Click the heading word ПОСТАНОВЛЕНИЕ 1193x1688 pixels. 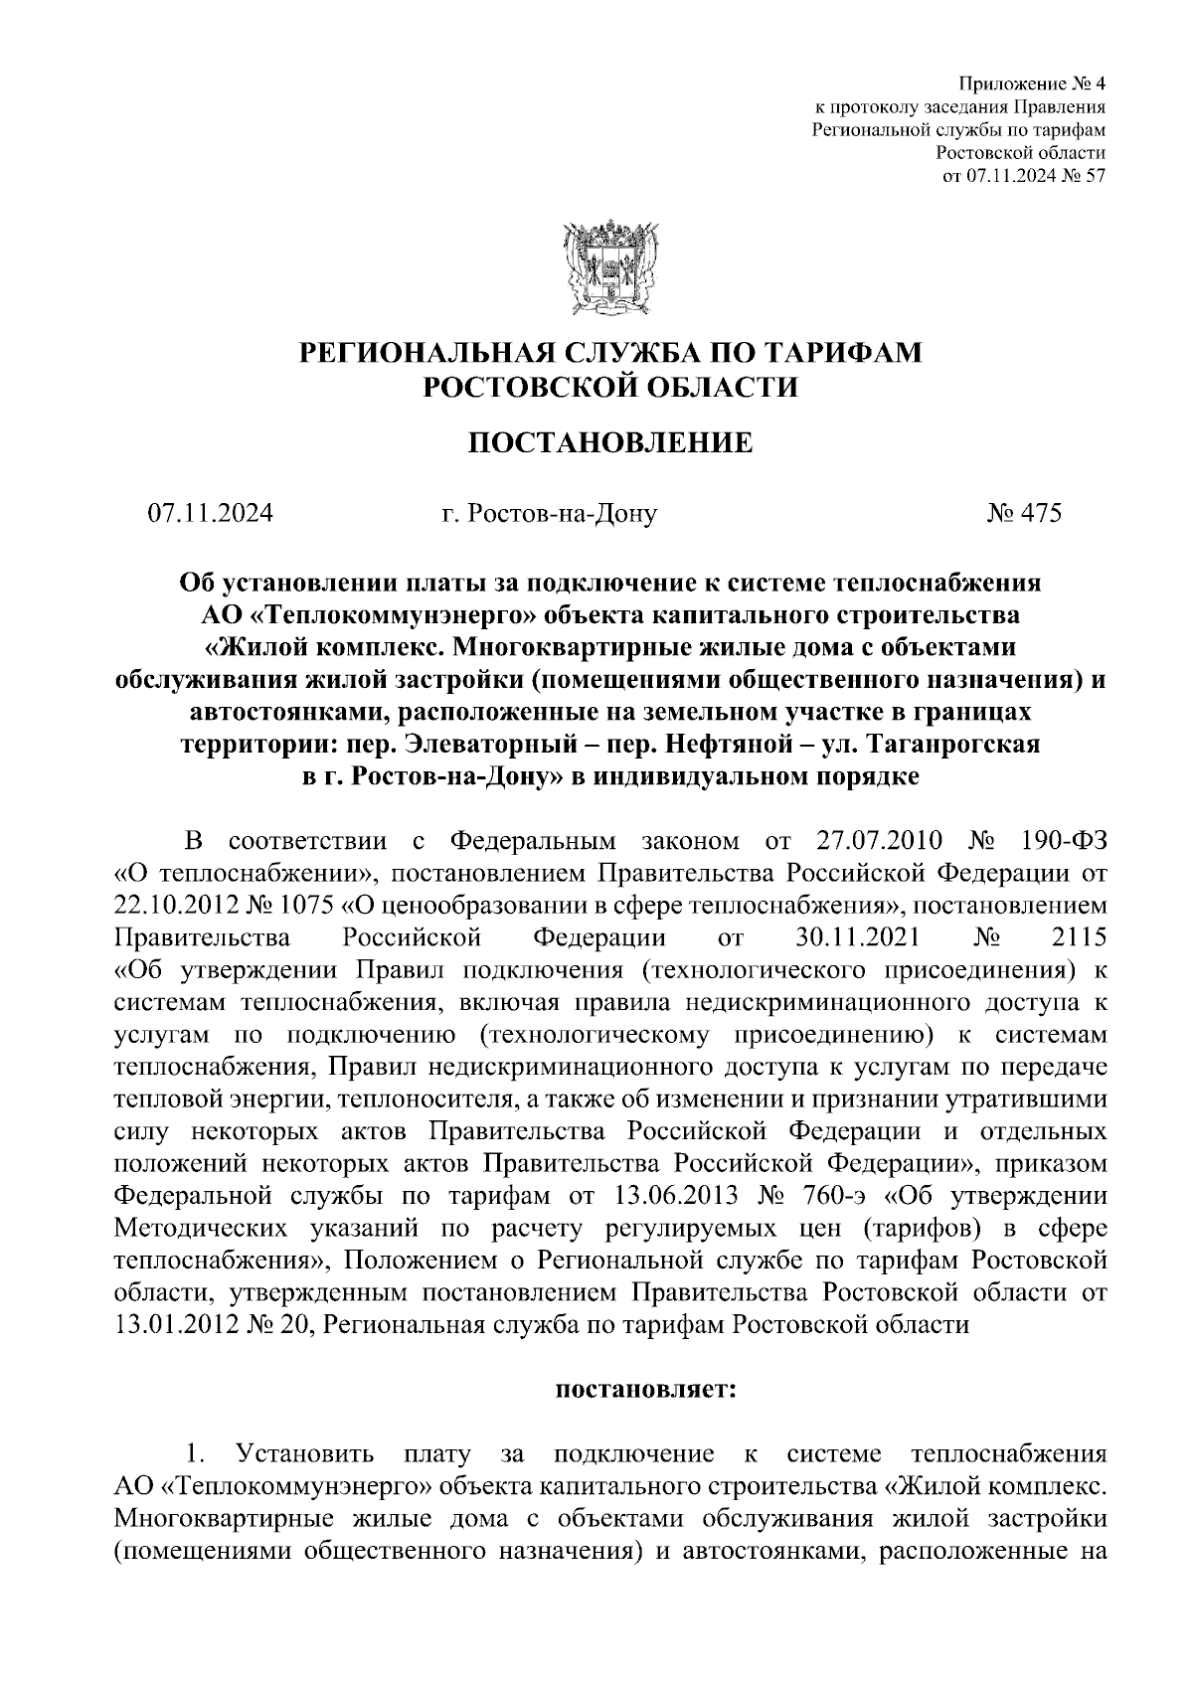click(x=610, y=441)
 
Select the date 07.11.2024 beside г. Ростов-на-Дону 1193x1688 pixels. click(x=211, y=514)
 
